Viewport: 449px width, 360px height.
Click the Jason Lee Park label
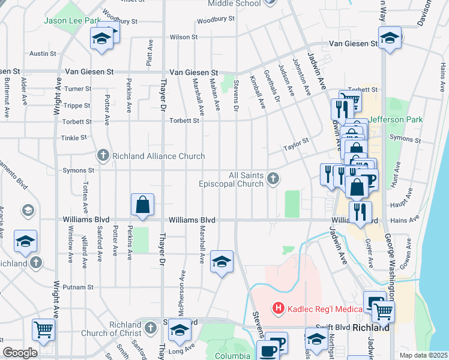tap(71, 20)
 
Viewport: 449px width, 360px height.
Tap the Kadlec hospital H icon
tap(279, 309)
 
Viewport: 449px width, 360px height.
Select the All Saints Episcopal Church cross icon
tap(273, 178)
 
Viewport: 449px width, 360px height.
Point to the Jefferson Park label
tap(396, 119)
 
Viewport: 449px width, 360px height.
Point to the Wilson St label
tap(184, 37)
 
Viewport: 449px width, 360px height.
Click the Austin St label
tap(43, 53)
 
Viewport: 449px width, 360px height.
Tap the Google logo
tap(20, 353)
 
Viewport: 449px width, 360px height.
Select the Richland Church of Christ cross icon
tap(151, 328)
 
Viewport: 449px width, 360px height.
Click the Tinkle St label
tap(74, 138)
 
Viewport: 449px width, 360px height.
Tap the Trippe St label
tap(77, 105)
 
